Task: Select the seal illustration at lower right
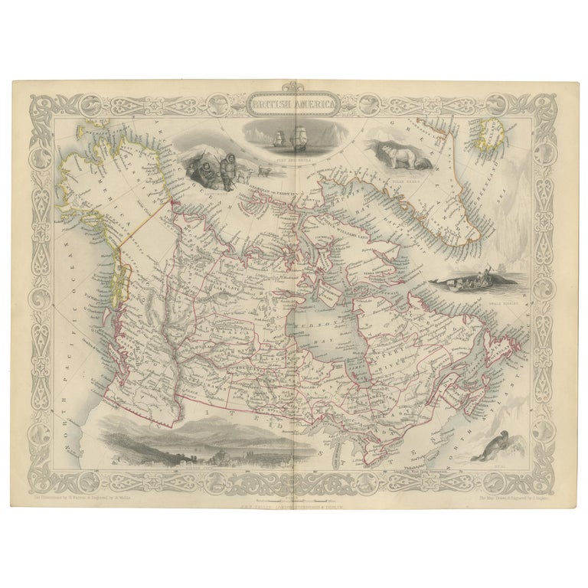click(487, 446)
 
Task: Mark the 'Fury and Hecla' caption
click(293, 154)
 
